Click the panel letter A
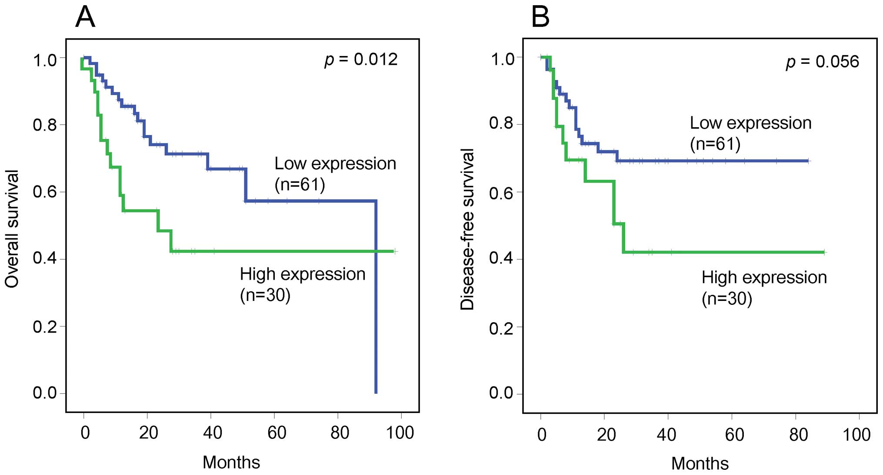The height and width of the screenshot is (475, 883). [x=85, y=17]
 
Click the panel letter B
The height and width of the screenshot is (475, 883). [x=540, y=17]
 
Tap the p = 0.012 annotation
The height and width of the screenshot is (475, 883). [x=361, y=60]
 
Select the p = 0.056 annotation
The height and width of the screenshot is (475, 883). [x=822, y=62]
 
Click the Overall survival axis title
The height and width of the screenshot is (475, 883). [x=12, y=229]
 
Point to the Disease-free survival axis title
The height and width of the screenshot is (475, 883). [x=467, y=229]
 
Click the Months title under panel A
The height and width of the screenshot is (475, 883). [x=231, y=462]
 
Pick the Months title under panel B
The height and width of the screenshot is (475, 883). [x=700, y=463]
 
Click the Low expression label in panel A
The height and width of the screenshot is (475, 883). [x=335, y=164]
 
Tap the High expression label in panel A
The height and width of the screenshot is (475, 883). [x=303, y=274]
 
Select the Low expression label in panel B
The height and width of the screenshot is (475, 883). [x=750, y=123]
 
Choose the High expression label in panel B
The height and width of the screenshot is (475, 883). [x=764, y=278]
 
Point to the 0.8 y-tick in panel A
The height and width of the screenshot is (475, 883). [x=45, y=125]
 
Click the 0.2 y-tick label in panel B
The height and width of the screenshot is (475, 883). [x=501, y=328]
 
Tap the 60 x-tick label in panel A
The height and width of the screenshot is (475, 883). [x=277, y=433]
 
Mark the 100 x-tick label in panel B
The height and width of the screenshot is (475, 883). [x=856, y=435]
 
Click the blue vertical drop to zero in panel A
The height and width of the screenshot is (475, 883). [x=376, y=304]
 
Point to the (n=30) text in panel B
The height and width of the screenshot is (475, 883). [x=726, y=299]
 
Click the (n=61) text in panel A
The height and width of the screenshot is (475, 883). [x=300, y=185]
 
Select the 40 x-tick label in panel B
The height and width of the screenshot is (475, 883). [x=666, y=435]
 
